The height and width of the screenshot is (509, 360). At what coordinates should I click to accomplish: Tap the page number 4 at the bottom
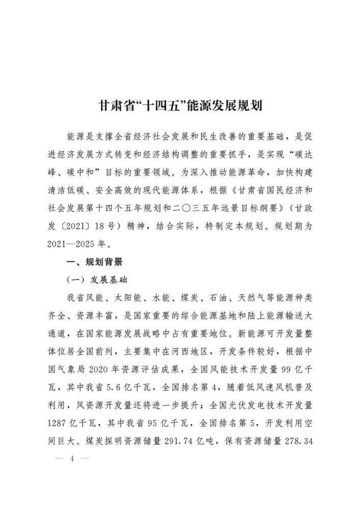point(72,458)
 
